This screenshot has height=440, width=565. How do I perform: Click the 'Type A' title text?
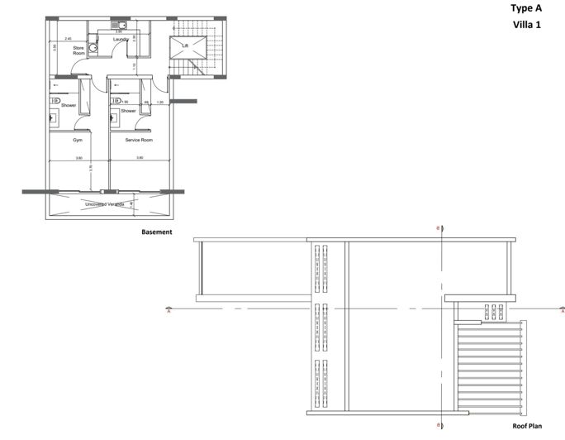coord(527,8)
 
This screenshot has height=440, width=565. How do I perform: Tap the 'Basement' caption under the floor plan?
coord(157,232)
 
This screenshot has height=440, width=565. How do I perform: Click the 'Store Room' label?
coord(79,50)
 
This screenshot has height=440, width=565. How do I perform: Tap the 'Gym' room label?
coord(78,141)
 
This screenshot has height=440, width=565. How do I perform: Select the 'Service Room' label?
coord(139,141)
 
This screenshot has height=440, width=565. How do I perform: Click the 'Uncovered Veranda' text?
coord(105,203)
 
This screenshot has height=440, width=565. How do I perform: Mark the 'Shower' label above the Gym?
coord(68,106)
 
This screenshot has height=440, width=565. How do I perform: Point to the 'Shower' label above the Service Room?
coord(128,111)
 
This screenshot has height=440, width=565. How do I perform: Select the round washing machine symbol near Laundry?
coord(94,49)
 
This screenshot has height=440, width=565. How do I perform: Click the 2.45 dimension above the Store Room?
coord(69,39)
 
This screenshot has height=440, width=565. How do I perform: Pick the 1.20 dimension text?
coord(161,102)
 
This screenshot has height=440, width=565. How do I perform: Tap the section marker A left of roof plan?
coord(169,312)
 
